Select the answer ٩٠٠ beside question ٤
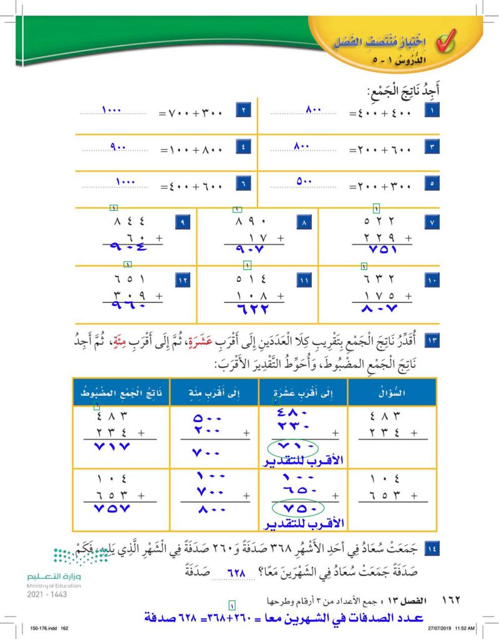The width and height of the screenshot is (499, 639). [x=118, y=147]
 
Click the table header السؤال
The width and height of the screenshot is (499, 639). [x=392, y=392]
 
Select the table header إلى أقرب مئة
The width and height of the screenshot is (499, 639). [x=214, y=392]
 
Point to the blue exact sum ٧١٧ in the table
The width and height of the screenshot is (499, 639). [x=117, y=448]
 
